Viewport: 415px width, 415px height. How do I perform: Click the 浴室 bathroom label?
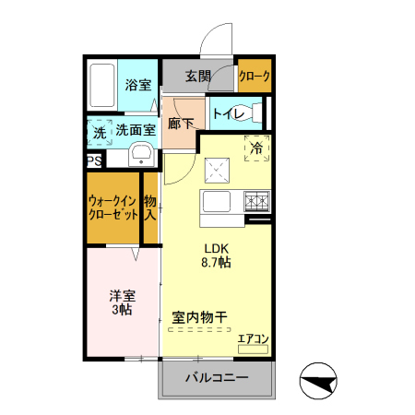138,85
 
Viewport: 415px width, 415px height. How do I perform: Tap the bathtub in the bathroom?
103,85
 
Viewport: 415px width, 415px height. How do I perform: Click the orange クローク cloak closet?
254,77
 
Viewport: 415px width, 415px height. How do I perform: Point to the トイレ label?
227,114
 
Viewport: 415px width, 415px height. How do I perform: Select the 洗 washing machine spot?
100,132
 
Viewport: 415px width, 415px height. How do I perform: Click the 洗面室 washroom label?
135,131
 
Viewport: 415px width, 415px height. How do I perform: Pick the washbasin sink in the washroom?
141,153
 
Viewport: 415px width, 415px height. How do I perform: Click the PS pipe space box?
94,160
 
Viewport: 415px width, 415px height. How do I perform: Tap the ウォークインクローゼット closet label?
113,207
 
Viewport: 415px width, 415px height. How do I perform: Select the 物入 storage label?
150,207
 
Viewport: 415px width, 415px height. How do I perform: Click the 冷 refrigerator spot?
256,148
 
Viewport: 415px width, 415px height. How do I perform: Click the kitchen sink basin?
218,203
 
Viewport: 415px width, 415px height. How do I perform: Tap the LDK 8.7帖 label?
216,255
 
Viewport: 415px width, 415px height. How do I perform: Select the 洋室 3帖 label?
124,302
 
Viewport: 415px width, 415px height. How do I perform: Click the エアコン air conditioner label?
252,340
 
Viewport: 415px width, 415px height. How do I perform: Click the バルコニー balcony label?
217,378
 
